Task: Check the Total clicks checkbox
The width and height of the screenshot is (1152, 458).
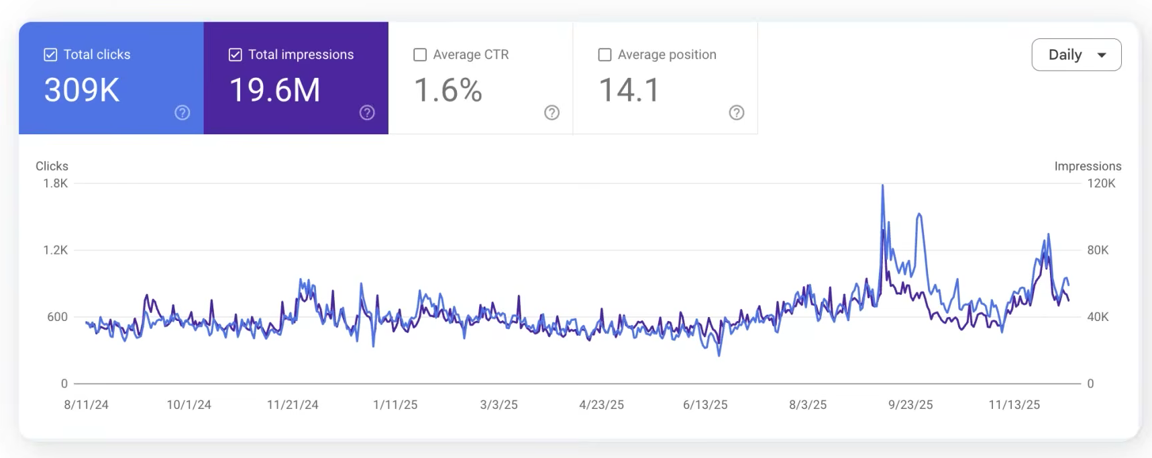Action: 50,55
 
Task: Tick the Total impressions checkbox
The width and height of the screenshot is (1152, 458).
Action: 235,55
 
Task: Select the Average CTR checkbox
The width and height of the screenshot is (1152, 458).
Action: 420,55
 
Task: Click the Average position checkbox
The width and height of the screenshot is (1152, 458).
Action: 605,55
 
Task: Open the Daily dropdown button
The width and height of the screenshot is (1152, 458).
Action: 1076,55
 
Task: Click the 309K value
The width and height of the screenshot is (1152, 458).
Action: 82,90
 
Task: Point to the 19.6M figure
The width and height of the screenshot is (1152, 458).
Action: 275,90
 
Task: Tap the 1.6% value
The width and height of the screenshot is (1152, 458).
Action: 448,90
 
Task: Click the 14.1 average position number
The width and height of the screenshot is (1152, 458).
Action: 629,90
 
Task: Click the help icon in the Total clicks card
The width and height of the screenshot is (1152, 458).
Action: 182,113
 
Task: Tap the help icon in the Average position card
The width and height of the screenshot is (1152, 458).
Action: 736,113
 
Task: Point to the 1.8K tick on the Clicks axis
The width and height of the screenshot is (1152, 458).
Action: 56,183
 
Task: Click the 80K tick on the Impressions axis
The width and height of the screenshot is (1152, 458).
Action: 1098,250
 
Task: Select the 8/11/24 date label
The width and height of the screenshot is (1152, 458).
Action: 86,405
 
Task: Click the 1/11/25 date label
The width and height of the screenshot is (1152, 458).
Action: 395,405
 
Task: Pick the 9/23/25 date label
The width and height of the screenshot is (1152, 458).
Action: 910,405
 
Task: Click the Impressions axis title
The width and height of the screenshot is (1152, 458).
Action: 1088,166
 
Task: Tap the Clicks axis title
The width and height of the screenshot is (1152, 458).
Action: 52,166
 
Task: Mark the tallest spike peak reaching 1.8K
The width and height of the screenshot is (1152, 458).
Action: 882,186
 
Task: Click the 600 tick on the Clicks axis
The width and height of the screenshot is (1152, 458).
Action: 58,317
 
